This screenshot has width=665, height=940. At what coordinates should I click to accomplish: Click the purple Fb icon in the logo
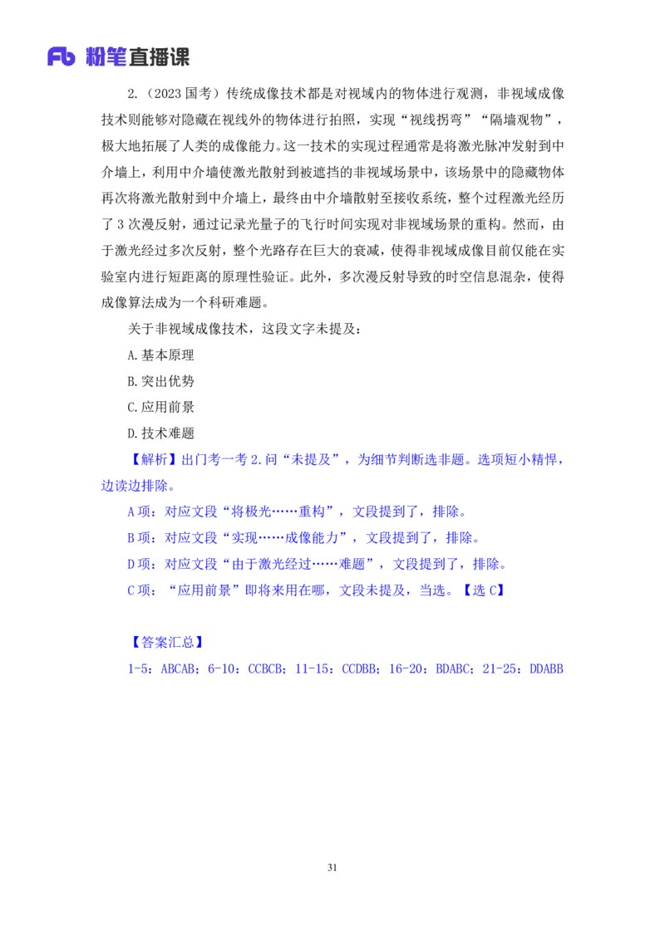[62, 56]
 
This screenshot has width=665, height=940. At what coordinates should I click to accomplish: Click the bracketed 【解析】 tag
[155, 460]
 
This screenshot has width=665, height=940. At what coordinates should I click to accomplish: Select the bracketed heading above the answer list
[168, 642]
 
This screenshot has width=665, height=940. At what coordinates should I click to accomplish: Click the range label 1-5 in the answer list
[135, 668]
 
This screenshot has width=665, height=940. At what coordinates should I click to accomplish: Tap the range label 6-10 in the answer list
[222, 668]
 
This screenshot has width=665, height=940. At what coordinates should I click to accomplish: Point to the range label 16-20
[409, 668]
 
